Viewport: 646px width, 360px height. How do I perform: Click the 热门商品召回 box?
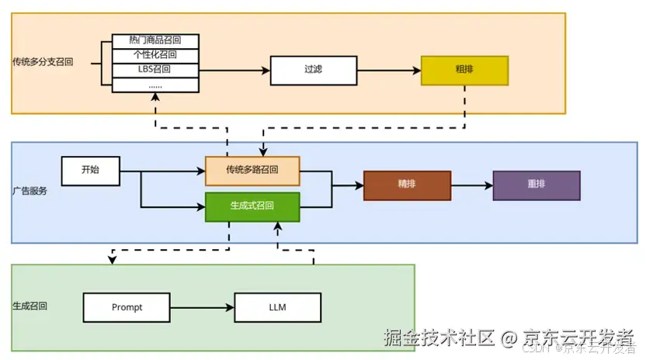click(x=155, y=40)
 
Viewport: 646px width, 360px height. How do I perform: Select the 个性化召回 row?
click(x=155, y=55)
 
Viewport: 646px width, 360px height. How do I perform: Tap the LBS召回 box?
click(x=155, y=70)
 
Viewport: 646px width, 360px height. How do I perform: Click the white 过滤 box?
click(x=313, y=70)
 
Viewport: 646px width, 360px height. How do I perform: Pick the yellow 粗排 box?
click(x=464, y=70)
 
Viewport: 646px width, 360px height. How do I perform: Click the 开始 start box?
click(x=91, y=171)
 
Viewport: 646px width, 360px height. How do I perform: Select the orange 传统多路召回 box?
click(x=252, y=171)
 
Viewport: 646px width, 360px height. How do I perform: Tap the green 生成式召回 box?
click(x=252, y=206)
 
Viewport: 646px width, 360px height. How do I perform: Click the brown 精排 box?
click(x=407, y=185)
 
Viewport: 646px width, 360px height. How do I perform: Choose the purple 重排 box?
click(x=536, y=185)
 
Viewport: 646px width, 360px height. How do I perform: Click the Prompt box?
click(x=127, y=307)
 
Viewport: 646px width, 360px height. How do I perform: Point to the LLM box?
click(x=277, y=307)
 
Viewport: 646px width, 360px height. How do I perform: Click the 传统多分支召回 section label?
click(x=43, y=61)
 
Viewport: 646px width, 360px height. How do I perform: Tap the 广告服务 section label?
click(x=30, y=191)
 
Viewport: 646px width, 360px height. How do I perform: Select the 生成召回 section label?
click(x=30, y=307)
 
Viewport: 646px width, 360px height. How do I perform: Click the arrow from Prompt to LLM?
click(x=202, y=307)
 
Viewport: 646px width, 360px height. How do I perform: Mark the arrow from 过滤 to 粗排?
click(x=388, y=70)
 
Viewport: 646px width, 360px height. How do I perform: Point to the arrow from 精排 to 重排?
click(x=471, y=185)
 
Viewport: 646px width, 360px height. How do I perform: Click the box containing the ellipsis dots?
click(x=155, y=85)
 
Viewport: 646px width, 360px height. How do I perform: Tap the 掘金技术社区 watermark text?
click(x=439, y=338)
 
